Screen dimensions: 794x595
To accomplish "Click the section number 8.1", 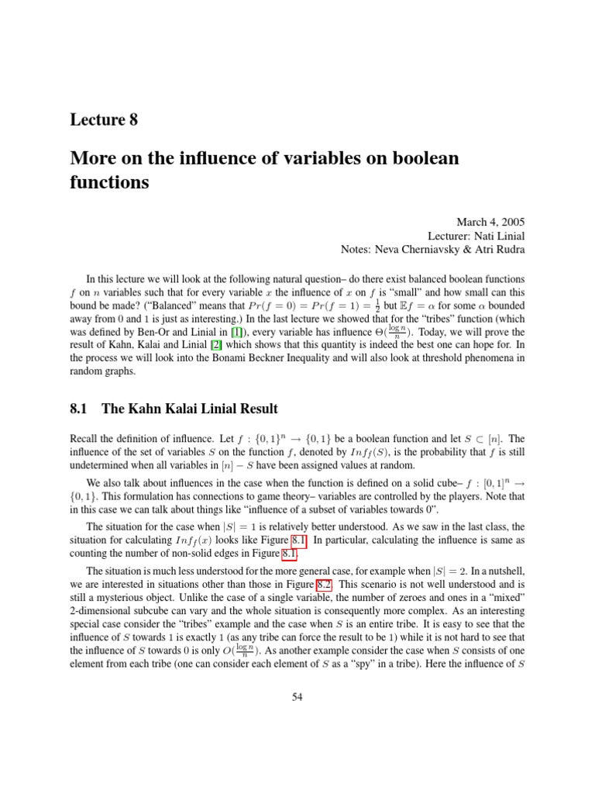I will (x=81, y=409).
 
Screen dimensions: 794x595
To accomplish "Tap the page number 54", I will (x=297, y=697).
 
